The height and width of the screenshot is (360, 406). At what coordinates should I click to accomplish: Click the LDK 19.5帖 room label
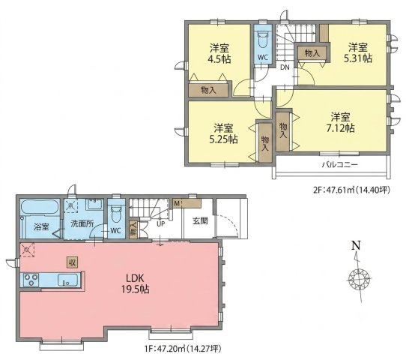[x=135, y=283]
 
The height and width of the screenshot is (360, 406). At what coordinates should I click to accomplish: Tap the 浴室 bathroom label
[x=41, y=227]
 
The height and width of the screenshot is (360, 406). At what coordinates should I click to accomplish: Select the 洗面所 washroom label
[x=82, y=223]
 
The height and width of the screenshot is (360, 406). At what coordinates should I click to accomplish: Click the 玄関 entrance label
[x=200, y=220]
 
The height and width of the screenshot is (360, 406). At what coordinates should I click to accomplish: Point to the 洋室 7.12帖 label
[x=341, y=122]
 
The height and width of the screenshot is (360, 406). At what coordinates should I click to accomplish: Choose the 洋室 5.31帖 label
[x=358, y=52]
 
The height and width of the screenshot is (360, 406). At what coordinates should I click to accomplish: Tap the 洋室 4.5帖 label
[x=219, y=53]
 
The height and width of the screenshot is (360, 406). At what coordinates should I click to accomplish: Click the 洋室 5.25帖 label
[x=223, y=133]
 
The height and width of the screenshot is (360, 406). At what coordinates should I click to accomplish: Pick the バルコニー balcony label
[x=340, y=164]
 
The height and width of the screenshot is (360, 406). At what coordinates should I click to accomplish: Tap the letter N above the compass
[x=357, y=245]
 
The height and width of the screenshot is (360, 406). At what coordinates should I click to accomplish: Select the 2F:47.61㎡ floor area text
[x=351, y=190]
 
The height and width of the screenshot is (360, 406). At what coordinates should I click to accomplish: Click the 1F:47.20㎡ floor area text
[x=184, y=349]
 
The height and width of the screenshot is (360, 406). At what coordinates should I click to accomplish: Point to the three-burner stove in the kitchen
[x=31, y=280]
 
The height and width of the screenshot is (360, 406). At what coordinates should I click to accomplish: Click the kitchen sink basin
[x=67, y=280]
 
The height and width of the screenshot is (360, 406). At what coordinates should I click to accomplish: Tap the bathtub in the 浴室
[x=40, y=206]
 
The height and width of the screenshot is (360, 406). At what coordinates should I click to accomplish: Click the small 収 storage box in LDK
[x=72, y=262]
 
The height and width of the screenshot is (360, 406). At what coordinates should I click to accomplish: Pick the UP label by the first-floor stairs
[x=160, y=223]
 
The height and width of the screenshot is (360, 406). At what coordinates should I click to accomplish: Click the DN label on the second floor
[x=285, y=67]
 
